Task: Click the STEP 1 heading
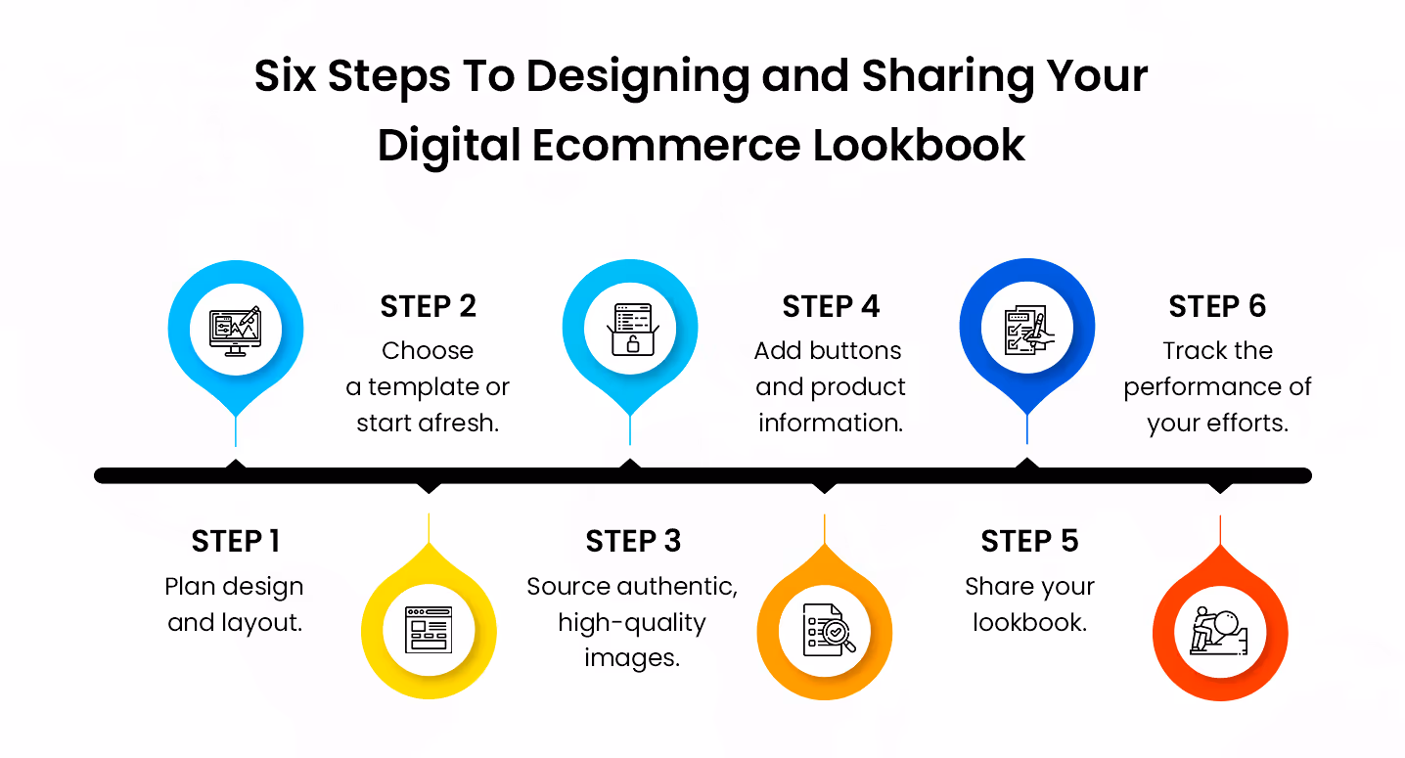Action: click(235, 541)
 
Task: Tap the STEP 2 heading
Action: click(428, 306)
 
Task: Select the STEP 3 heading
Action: click(632, 541)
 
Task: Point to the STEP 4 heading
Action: click(830, 306)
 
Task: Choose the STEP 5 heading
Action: click(1029, 541)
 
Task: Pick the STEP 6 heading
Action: click(1217, 306)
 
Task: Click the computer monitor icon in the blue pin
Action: click(235, 329)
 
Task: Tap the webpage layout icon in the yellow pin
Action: click(429, 629)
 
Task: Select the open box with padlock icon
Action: click(631, 329)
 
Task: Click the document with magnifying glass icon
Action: click(826, 629)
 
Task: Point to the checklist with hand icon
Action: click(1026, 329)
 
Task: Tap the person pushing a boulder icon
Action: click(1219, 629)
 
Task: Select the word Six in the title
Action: click(285, 75)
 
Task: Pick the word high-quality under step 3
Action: click(631, 622)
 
